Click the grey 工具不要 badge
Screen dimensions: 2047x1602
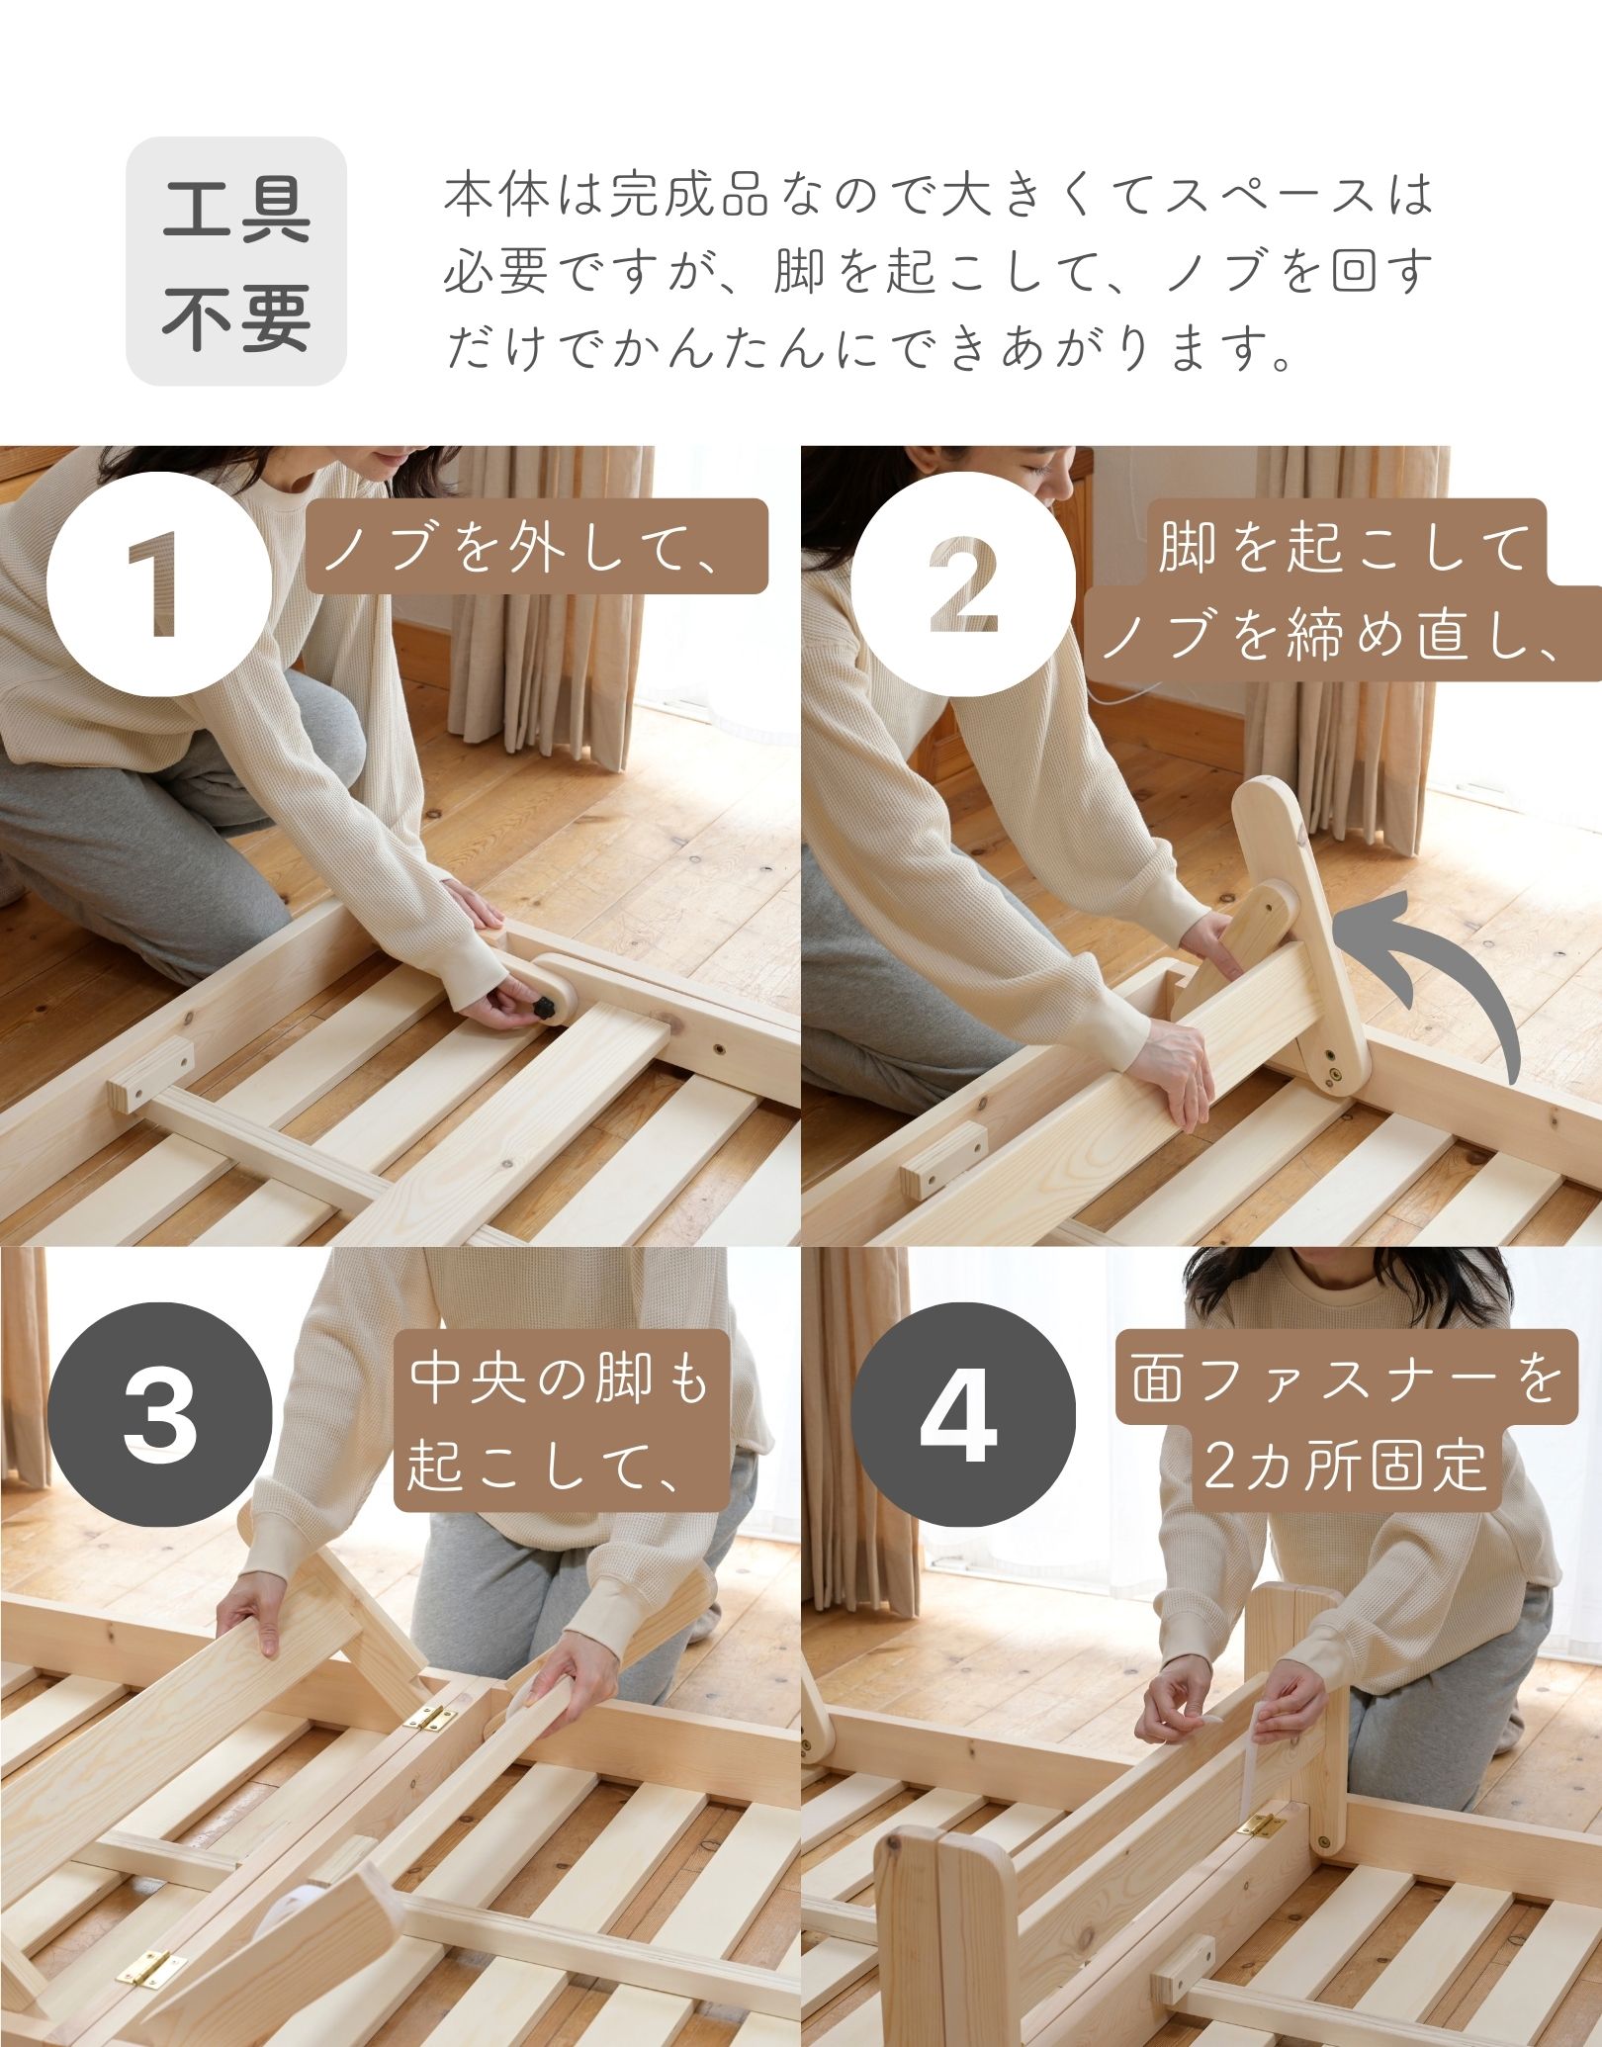(236, 260)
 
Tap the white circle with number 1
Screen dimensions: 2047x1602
(158, 582)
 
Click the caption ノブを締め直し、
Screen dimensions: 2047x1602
(1345, 633)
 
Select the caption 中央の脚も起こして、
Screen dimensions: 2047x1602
(560, 1422)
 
